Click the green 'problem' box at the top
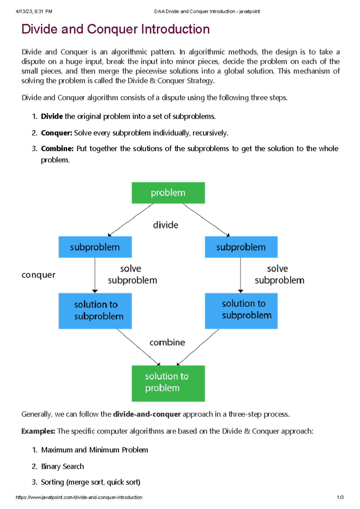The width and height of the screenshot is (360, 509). (x=168, y=193)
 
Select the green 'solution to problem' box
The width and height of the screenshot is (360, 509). (x=168, y=383)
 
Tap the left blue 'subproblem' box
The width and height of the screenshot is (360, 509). (x=95, y=247)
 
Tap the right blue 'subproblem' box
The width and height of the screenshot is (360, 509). (x=241, y=247)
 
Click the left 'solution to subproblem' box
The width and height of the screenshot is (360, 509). (x=95, y=311)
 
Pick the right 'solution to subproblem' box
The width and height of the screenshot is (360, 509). (x=241, y=311)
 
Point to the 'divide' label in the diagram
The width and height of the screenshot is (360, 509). (x=165, y=225)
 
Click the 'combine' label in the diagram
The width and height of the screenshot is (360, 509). (x=167, y=342)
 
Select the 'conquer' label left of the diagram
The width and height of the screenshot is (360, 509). (x=38, y=275)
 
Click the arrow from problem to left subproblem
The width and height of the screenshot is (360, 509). (x=131, y=220)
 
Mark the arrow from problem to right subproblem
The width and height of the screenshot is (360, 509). (x=206, y=220)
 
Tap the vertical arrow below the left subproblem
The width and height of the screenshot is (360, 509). (x=95, y=275)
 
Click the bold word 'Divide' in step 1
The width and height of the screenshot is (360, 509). (x=52, y=116)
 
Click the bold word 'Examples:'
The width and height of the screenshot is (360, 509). (x=38, y=431)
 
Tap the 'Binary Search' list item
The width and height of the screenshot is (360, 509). (x=62, y=466)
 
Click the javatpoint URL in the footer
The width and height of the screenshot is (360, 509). (x=79, y=497)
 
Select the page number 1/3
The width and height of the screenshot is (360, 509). (x=340, y=497)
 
